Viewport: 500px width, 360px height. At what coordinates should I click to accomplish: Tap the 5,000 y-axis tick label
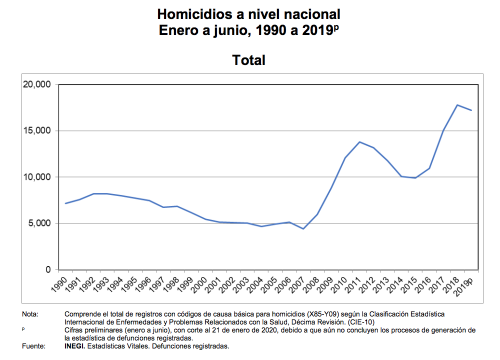click(x=39, y=223)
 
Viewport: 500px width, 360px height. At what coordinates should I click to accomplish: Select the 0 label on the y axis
click(x=48, y=270)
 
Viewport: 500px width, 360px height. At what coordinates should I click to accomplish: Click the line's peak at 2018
click(x=457, y=105)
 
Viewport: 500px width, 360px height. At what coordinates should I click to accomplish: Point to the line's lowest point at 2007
click(x=303, y=229)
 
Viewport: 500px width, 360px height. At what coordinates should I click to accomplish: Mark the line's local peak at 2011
click(x=359, y=142)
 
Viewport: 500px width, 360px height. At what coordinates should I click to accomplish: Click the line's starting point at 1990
click(x=65, y=203)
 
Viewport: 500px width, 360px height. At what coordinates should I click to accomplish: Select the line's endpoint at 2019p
click(x=471, y=110)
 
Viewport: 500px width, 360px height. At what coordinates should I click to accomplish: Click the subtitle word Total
click(x=248, y=60)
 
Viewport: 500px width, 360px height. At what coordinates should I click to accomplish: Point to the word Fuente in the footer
click(x=33, y=346)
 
